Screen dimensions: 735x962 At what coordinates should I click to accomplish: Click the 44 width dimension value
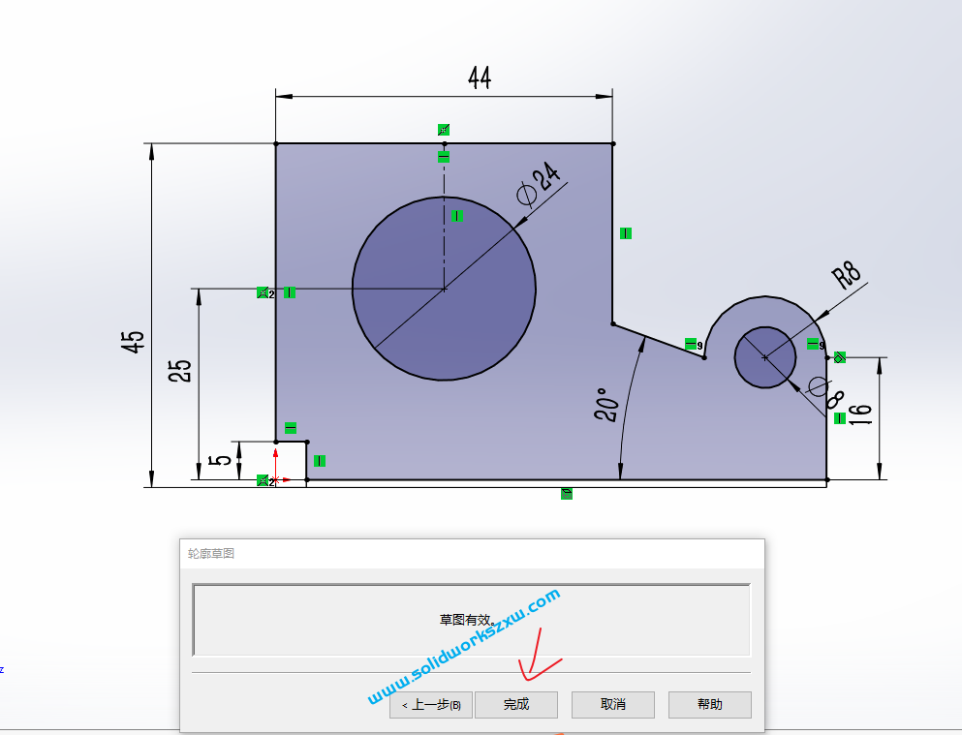click(480, 77)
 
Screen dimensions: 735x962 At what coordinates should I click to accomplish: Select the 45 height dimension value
click(134, 341)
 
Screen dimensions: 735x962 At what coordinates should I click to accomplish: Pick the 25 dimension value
click(180, 371)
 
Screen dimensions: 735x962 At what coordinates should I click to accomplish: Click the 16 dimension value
click(860, 410)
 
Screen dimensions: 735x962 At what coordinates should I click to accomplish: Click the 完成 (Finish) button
click(516, 704)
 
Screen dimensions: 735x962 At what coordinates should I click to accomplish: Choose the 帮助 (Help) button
click(709, 704)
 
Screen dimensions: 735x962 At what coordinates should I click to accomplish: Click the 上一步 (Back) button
click(431, 704)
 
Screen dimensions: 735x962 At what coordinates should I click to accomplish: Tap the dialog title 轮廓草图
click(211, 553)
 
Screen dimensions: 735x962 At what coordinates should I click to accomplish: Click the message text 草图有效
click(467, 620)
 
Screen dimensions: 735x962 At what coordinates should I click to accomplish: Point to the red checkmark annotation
click(538, 659)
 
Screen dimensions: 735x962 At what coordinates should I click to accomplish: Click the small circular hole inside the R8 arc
click(764, 357)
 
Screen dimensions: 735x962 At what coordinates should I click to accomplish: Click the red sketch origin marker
click(275, 478)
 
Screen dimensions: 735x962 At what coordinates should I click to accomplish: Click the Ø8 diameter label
click(824, 389)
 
